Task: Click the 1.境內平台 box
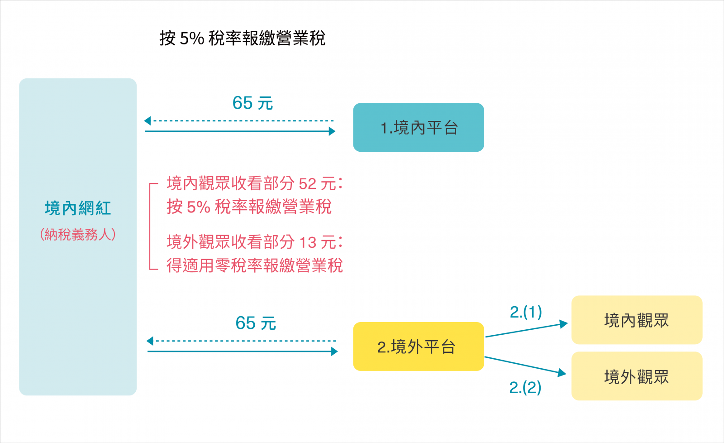pyautogui.click(x=418, y=127)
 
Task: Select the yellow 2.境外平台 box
pyautogui.click(x=418, y=347)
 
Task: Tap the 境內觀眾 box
pyautogui.click(x=636, y=320)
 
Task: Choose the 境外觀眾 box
pyautogui.click(x=636, y=376)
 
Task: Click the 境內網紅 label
pyautogui.click(x=78, y=208)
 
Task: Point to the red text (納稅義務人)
pyautogui.click(x=78, y=235)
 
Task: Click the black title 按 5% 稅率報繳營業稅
pyautogui.click(x=242, y=39)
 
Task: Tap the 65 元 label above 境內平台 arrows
pyautogui.click(x=252, y=103)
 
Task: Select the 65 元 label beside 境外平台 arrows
pyautogui.click(x=256, y=323)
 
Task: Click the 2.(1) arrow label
pyautogui.click(x=525, y=312)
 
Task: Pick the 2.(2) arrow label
pyautogui.click(x=525, y=387)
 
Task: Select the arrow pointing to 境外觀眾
pyautogui.click(x=525, y=365)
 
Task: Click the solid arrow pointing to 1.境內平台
pyautogui.click(x=240, y=131)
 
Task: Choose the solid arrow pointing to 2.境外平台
pyautogui.click(x=242, y=352)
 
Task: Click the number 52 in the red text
pyautogui.click(x=308, y=184)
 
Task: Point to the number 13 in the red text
pyautogui.click(x=308, y=243)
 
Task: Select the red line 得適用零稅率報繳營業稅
pyautogui.click(x=254, y=265)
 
